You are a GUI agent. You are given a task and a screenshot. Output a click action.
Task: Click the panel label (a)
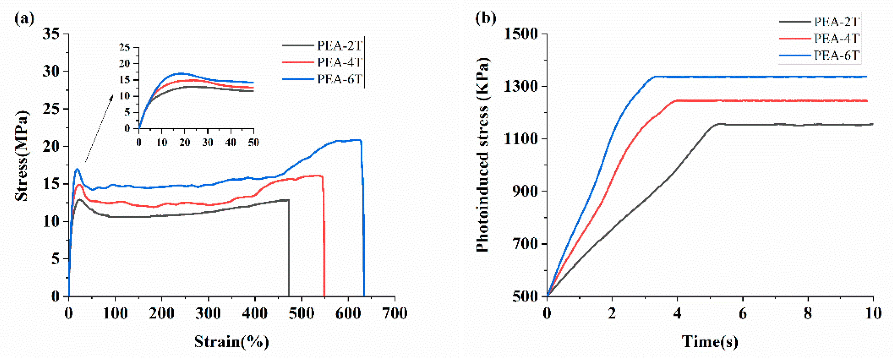24,18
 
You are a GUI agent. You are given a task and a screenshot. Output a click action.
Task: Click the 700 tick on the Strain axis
395,314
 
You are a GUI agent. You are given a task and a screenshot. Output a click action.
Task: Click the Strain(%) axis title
232,342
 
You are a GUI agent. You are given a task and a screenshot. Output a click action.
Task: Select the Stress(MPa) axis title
21,156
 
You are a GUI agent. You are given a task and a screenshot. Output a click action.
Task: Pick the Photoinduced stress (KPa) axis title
482,155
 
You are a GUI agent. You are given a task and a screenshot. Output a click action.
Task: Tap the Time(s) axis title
710,342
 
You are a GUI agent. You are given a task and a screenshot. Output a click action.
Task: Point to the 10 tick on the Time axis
873,314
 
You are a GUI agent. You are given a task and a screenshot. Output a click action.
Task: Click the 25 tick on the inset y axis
125,47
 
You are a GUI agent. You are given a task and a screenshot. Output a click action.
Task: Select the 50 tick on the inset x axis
254,143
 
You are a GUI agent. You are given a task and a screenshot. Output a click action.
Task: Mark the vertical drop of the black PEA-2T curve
289,249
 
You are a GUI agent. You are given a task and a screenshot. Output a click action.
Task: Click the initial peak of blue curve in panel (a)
77,169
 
